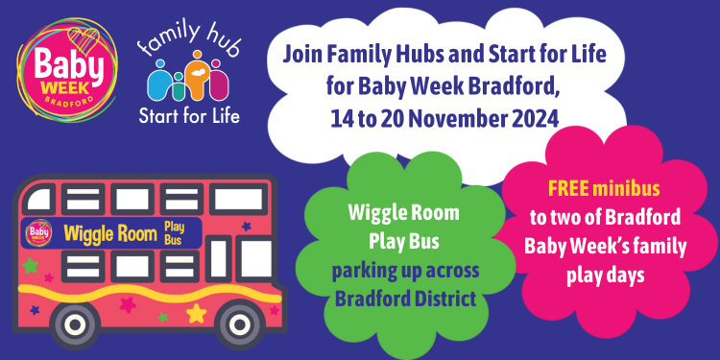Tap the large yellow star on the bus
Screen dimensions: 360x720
[x=196, y=313]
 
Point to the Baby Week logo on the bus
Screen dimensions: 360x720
[x=40, y=231]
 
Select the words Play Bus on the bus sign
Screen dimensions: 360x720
[x=174, y=232]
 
